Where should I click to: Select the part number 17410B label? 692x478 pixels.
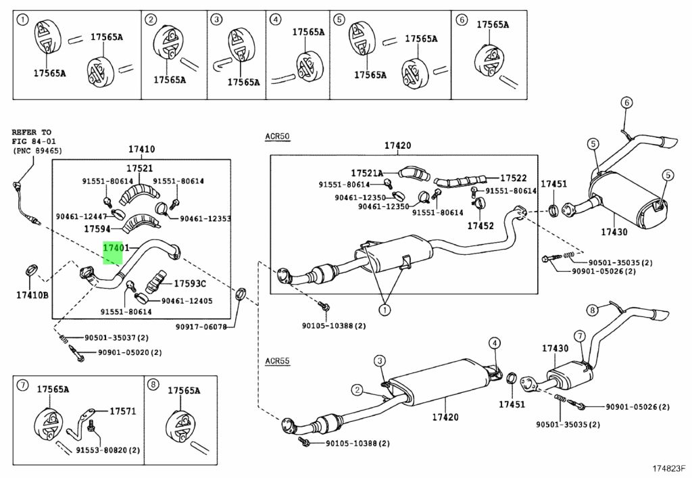[32, 295]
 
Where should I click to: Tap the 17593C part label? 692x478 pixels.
[190, 284]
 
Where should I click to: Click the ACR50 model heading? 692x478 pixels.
[277, 137]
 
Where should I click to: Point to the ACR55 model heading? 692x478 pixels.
[277, 361]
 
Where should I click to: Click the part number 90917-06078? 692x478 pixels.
[201, 327]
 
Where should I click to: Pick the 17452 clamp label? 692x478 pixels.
[480, 226]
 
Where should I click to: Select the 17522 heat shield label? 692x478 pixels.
[514, 178]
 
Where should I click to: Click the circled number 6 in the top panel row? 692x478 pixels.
[461, 20]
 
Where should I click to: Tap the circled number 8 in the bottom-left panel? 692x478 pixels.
[153, 385]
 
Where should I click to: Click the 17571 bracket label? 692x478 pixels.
[123, 411]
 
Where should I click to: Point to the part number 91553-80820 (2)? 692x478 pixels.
[107, 450]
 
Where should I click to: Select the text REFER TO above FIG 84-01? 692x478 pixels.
[31, 132]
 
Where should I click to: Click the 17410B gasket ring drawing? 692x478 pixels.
[32, 270]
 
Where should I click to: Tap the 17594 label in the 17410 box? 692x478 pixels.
[97, 229]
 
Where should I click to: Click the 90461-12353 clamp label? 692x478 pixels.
[205, 218]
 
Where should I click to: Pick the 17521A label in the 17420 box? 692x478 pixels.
[367, 174]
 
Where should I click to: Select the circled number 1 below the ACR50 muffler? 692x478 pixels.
[385, 310]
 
